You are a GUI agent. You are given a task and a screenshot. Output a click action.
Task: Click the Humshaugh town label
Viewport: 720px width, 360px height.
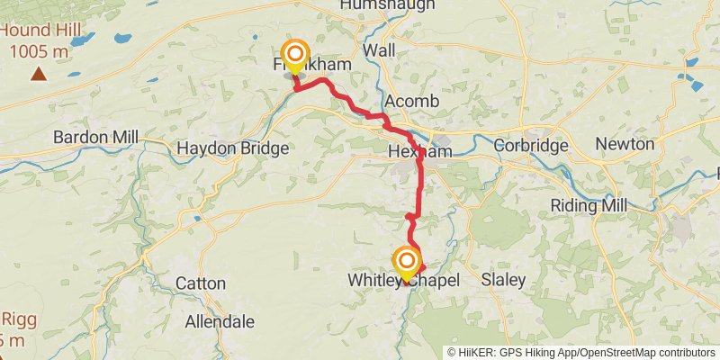pos(387,5)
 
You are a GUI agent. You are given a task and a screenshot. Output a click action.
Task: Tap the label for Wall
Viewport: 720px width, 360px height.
pos(379,50)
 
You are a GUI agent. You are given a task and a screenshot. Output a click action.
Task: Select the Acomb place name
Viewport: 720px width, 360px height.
pos(410,101)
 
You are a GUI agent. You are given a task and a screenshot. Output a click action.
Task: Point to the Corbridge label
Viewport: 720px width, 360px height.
pos(530,145)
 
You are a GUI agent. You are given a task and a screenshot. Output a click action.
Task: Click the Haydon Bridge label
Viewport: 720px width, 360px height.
pos(232,148)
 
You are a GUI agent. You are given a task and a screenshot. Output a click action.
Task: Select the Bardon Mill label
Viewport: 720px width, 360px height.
pos(95,137)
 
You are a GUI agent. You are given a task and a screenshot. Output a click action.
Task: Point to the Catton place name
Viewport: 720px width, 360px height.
pos(200,283)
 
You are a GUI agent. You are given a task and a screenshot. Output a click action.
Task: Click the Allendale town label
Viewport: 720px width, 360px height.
pos(220,321)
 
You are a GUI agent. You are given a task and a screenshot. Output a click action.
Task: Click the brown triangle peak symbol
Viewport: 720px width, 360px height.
pos(38,73)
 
